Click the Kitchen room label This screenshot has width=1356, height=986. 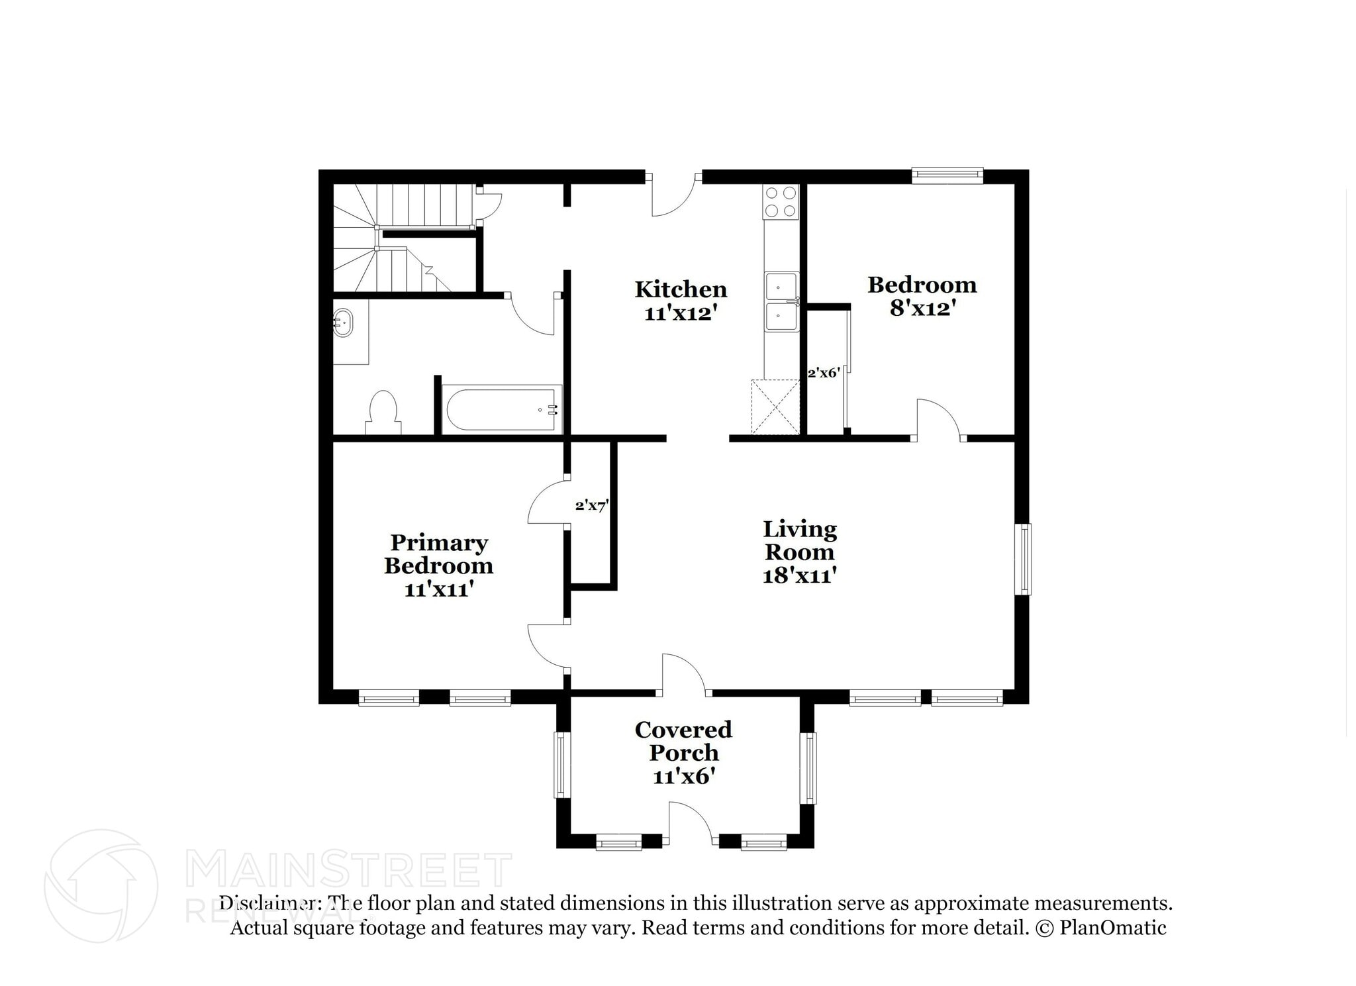point(681,289)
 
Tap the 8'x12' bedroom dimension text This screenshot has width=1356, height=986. point(922,308)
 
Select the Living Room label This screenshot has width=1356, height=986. point(800,540)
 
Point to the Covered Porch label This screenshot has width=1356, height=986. point(683,741)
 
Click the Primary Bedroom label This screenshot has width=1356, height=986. point(438,554)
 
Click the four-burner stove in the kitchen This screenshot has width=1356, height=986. point(781,201)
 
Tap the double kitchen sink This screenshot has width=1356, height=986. point(781,301)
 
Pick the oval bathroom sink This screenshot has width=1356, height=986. point(343,323)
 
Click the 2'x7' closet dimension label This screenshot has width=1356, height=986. point(591,505)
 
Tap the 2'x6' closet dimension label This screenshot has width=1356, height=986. point(824,373)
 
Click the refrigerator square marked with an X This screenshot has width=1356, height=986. point(775,407)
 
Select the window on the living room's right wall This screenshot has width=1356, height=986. point(1024,560)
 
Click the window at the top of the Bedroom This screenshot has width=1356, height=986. point(947,175)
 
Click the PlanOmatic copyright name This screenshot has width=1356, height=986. point(1113,927)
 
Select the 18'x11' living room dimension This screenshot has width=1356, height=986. point(800,575)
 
